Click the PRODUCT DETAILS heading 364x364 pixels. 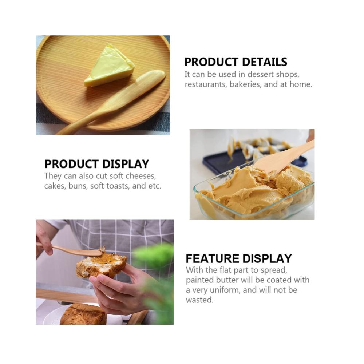(236, 62)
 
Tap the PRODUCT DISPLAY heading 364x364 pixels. (96, 164)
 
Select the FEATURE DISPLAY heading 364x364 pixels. (239, 258)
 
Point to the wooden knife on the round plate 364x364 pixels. (111, 102)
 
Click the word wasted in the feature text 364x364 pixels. (199, 300)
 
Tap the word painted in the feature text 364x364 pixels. (199, 280)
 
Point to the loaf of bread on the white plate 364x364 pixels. (83, 314)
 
